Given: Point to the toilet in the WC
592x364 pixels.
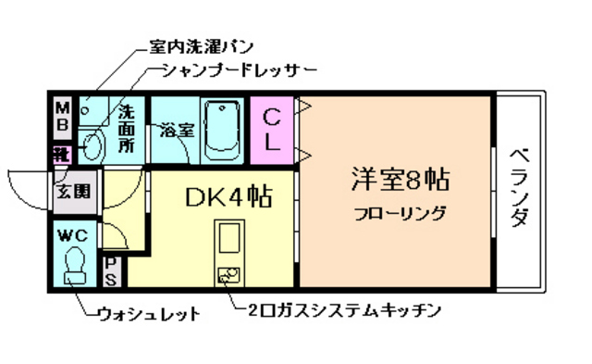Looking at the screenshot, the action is click(73, 265).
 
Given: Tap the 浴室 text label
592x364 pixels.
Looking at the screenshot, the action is click(176, 130).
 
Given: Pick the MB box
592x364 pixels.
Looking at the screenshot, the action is click(62, 115).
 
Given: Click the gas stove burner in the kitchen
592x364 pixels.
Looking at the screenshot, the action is click(227, 274).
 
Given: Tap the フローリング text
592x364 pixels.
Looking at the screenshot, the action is click(400, 214).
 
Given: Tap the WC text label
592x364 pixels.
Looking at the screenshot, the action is click(72, 234).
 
